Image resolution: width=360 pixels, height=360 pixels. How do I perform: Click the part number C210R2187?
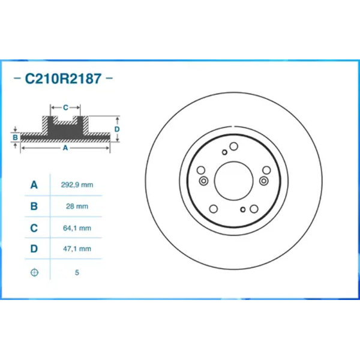pos(63,79)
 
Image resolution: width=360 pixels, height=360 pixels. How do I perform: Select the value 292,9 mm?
pos(77,185)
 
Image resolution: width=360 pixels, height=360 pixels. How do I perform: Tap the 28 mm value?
pos(77,206)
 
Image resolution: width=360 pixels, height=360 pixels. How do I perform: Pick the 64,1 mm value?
pos(77,228)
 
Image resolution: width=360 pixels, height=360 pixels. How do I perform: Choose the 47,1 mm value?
pos(77,248)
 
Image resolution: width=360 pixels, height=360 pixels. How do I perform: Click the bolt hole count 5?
pos(77,272)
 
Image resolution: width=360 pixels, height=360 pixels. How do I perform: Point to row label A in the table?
pos(34,185)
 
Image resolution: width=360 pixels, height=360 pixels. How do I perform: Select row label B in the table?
pos(34,206)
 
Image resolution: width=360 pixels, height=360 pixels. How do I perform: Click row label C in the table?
pos(34,228)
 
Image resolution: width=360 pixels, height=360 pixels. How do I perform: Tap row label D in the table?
pos(34,248)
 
